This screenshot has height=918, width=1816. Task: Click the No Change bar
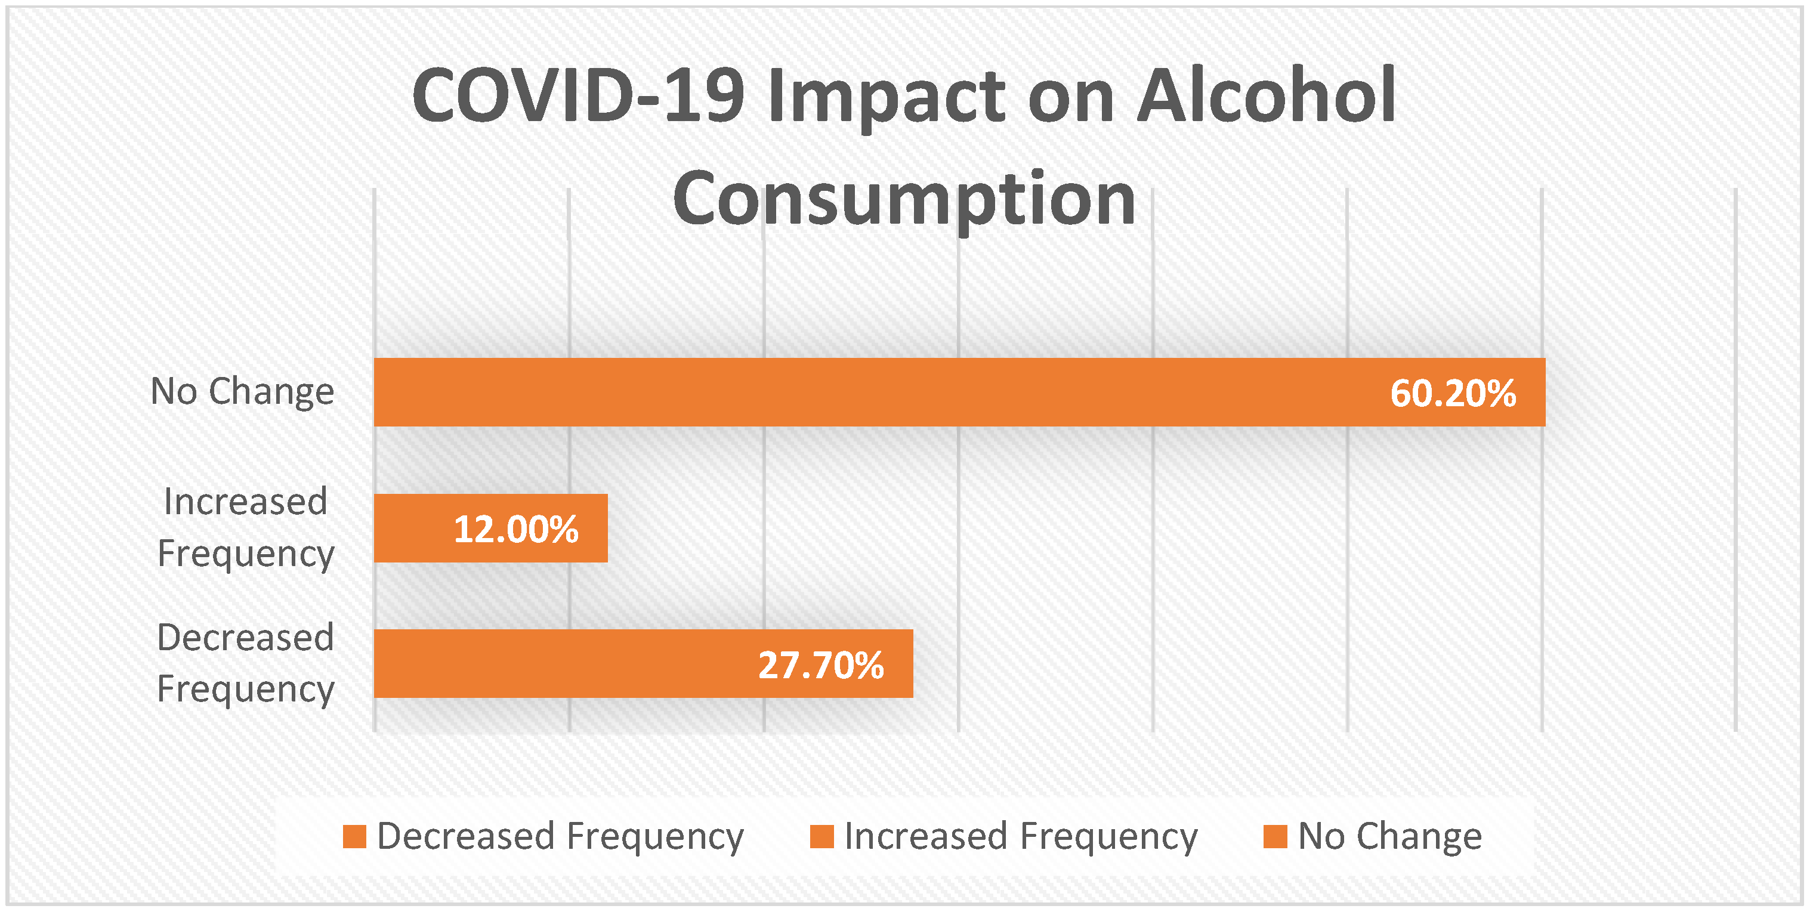(x=960, y=392)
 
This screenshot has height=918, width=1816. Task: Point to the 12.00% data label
(x=516, y=530)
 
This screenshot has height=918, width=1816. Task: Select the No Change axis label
(x=242, y=391)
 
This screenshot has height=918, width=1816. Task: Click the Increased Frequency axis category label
(x=245, y=527)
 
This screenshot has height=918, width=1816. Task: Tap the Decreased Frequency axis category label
(x=245, y=663)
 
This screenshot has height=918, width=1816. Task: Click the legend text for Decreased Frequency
(x=560, y=837)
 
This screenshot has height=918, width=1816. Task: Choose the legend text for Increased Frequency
(x=1021, y=837)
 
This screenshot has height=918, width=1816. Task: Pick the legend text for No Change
(x=1390, y=837)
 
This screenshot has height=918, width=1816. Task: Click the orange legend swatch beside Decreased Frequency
(x=354, y=837)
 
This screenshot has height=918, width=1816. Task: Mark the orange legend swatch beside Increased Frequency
(x=822, y=837)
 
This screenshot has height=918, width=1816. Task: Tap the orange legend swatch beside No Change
(x=1276, y=837)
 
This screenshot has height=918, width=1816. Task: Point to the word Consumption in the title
(x=904, y=200)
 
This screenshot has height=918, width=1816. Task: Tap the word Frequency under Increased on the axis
(x=246, y=554)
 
